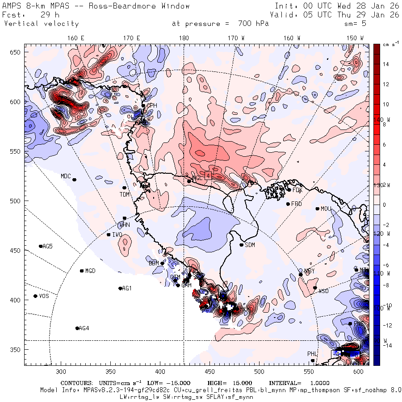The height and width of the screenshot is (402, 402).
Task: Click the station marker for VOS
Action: click(x=35, y=296)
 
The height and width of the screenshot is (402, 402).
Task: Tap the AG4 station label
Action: click(x=84, y=328)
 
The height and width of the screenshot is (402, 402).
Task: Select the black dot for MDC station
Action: click(x=74, y=180)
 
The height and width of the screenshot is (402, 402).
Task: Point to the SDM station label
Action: click(x=250, y=245)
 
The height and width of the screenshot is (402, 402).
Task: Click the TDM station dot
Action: click(x=124, y=188)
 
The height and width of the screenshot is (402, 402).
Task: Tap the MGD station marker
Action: click(x=82, y=271)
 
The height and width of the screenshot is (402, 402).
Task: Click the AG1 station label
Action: click(x=127, y=288)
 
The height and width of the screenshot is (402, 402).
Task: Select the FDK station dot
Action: click(x=289, y=190)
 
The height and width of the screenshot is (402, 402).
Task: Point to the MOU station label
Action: click(x=326, y=209)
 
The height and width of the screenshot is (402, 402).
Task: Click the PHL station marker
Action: click(x=313, y=360)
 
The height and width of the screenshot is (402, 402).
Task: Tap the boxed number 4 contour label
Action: click(x=208, y=176)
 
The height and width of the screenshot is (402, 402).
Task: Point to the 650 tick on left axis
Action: click(x=16, y=53)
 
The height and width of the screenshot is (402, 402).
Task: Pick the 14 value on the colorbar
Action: click(x=385, y=64)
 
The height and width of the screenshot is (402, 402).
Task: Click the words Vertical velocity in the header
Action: click(x=41, y=24)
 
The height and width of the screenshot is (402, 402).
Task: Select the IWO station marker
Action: click(x=108, y=234)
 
